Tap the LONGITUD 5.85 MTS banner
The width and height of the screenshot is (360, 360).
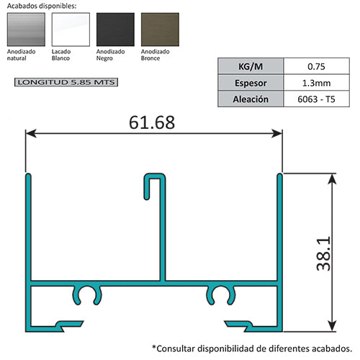65,83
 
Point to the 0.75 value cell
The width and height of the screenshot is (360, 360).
316,66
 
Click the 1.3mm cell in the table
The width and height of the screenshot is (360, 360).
316,83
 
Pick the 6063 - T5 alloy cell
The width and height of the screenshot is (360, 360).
316,99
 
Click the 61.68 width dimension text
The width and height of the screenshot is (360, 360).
152,122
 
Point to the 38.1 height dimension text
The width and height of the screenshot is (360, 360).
325,251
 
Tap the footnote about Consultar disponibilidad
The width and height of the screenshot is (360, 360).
252,346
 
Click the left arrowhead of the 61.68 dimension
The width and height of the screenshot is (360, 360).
31,132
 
